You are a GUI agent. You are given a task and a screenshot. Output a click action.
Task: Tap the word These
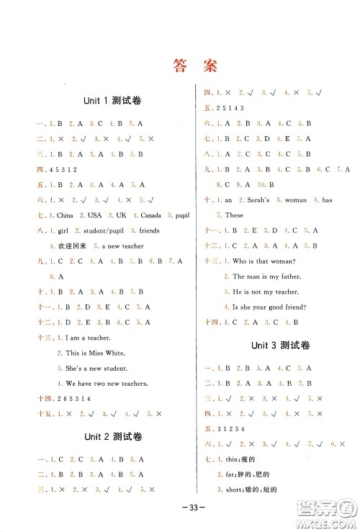pyautogui.click(x=234, y=215)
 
